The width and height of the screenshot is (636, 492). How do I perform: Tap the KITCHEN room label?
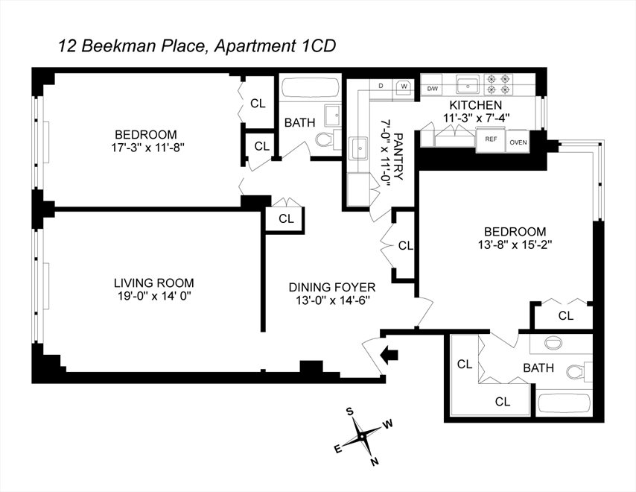(x=474, y=105)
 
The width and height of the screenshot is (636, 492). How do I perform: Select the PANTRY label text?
(x=398, y=157)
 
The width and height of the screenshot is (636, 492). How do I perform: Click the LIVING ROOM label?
(x=153, y=283)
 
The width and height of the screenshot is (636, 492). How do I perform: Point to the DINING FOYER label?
(x=332, y=287)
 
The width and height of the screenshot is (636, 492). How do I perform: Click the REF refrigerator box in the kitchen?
(x=491, y=139)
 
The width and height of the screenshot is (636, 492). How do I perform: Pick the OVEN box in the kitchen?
(x=518, y=139)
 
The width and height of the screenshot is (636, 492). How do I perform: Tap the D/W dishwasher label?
(x=432, y=89)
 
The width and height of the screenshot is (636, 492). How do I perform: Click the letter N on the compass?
(x=375, y=461)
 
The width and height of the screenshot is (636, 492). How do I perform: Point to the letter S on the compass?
(x=349, y=411)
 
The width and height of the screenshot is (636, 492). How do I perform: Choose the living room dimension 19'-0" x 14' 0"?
(x=153, y=297)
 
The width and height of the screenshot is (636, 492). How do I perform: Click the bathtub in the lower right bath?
(x=562, y=403)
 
